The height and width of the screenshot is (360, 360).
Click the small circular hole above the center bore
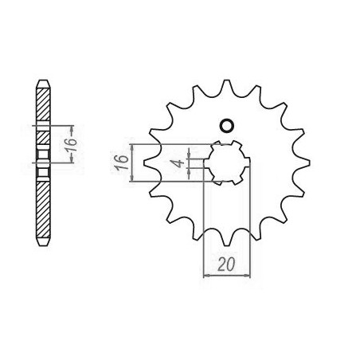pos(227,125)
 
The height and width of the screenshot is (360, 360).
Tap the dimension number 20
pos(226,264)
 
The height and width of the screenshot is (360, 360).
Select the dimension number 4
pos(180,162)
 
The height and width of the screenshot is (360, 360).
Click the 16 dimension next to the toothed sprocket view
pos(122,163)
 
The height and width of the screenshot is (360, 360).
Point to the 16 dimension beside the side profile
pos(72,144)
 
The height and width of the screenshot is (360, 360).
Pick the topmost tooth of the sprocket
pos(226,86)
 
